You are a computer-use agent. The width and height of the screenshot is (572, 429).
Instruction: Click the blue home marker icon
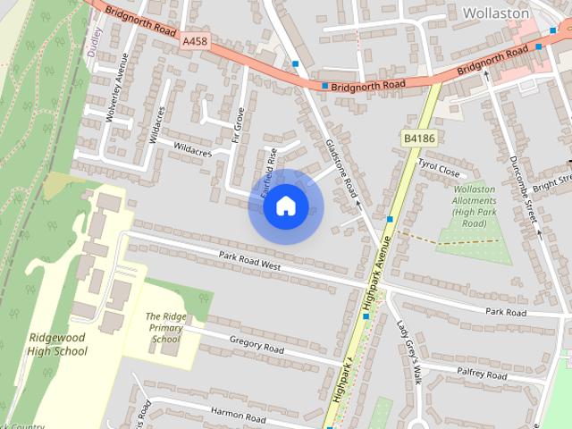tap(285, 207)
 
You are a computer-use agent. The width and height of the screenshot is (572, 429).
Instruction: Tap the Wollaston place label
tap(497, 13)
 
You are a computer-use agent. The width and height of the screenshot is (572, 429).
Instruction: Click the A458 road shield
tap(195, 41)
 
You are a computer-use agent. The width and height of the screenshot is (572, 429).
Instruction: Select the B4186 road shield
tap(417, 139)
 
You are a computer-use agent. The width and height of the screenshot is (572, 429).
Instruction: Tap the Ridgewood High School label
tap(57, 344)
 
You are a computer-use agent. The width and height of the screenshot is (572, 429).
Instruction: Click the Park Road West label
tap(250, 261)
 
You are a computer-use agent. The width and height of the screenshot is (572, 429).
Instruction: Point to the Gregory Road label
tap(257, 346)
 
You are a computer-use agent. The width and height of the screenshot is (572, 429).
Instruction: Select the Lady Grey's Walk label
tap(409, 351)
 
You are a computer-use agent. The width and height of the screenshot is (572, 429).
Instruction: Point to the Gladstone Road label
tap(341, 167)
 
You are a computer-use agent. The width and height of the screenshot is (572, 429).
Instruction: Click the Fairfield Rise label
tap(267, 172)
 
